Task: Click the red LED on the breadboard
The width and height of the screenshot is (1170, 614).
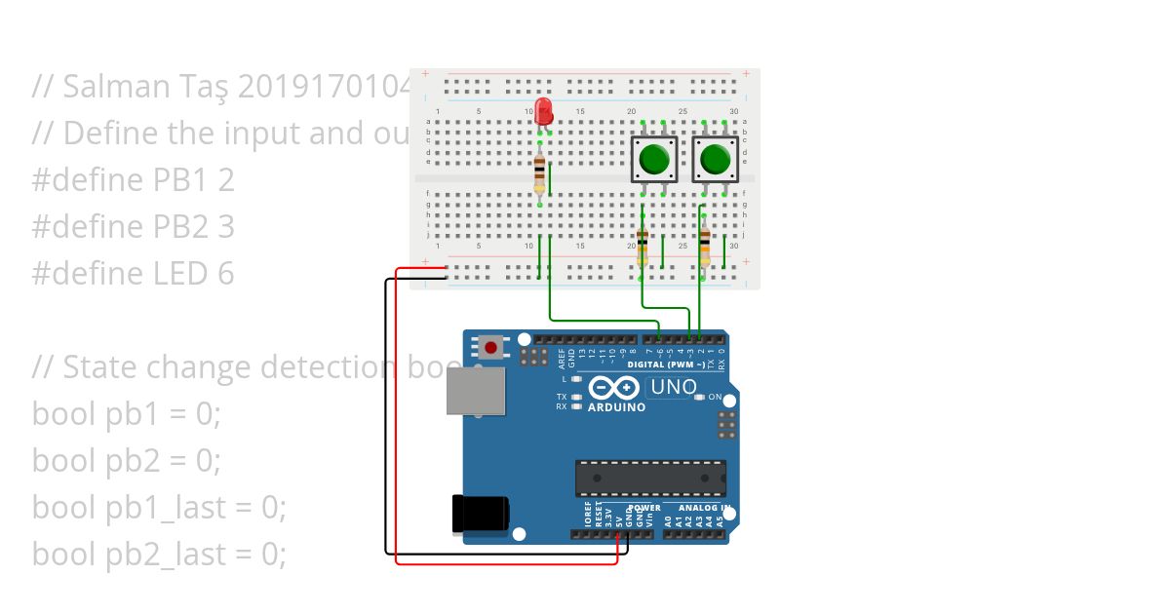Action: click(x=544, y=109)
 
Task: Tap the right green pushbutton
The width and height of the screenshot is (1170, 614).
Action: click(x=715, y=159)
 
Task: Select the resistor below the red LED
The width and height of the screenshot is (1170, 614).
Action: click(x=540, y=176)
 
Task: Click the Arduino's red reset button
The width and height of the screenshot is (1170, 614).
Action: click(x=489, y=347)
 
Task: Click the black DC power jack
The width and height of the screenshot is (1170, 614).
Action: click(x=480, y=514)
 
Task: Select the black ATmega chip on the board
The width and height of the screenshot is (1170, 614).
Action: click(x=650, y=478)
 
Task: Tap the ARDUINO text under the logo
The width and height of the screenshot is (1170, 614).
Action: click(x=616, y=407)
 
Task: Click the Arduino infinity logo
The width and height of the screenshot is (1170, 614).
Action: click(x=617, y=389)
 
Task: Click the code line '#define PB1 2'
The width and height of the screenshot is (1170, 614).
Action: click(x=133, y=180)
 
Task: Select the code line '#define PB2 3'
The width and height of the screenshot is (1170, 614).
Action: click(x=133, y=227)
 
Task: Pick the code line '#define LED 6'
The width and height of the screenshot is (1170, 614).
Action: click(x=133, y=274)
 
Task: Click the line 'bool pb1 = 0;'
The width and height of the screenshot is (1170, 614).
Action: click(x=127, y=414)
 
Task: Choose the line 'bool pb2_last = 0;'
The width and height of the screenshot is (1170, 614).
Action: click(x=159, y=555)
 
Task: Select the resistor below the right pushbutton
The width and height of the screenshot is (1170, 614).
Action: click(x=705, y=247)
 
